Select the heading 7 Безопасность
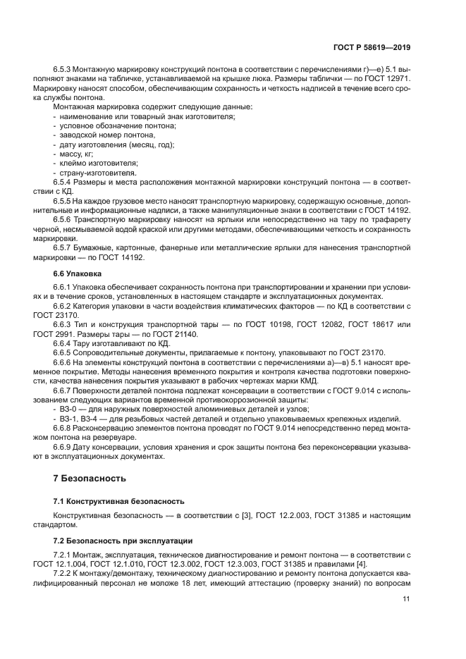click(x=90, y=479)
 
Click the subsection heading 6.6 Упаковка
click(x=78, y=272)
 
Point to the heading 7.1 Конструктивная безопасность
click(x=118, y=501)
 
